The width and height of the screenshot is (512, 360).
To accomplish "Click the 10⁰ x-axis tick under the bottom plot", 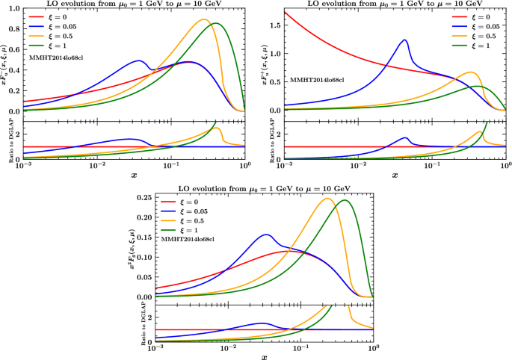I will click(373, 350).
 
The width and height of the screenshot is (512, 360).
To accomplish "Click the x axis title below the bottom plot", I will click(264, 357).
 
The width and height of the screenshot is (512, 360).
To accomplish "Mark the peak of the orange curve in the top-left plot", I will click(204, 19).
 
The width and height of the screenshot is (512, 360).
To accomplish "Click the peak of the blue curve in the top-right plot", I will click(404, 40).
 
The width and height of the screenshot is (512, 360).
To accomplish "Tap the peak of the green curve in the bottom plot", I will click(345, 200).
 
